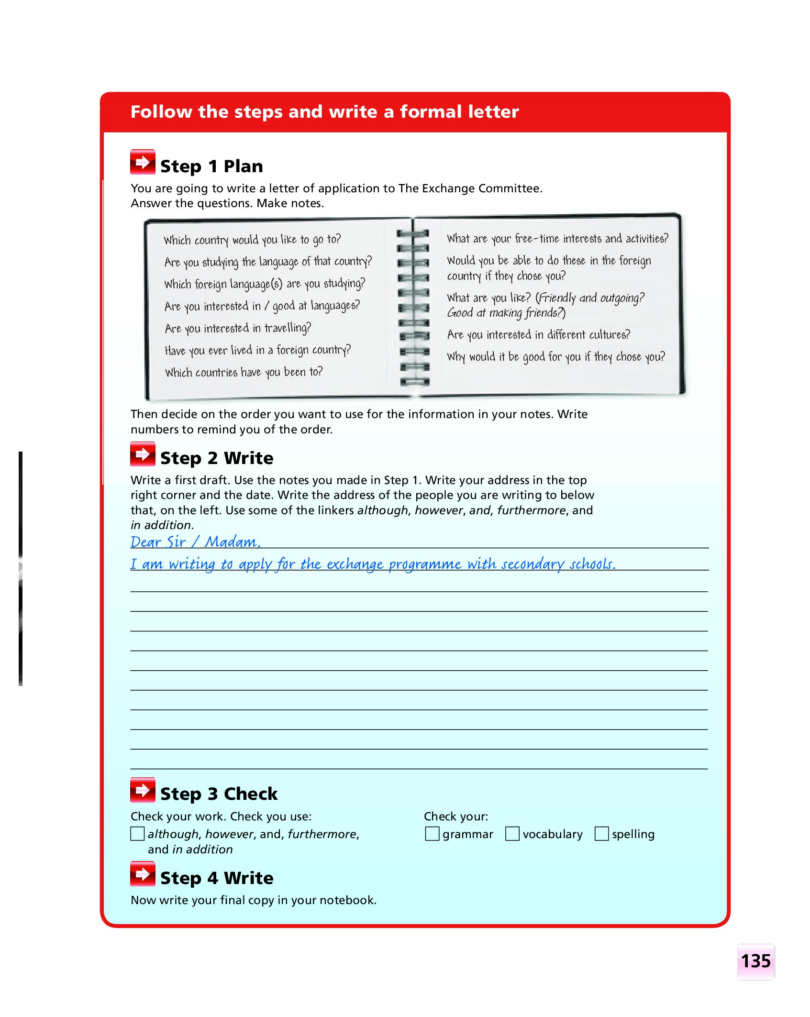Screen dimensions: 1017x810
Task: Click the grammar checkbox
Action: coord(432,834)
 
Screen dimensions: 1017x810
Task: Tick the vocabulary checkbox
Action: coord(512,834)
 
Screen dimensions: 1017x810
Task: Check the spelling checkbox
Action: coord(601,834)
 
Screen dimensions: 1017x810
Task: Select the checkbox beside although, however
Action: coord(137,834)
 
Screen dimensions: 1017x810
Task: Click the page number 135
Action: coord(755,961)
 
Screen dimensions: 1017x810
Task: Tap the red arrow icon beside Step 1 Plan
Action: coord(143,163)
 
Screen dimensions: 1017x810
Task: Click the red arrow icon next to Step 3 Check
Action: coord(143,790)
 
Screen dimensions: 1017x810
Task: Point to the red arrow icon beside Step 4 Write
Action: coord(143,874)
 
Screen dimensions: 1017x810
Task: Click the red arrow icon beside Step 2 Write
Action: coord(143,454)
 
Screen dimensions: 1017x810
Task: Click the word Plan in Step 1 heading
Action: coord(243,166)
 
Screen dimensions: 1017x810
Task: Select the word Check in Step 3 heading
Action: coord(250,794)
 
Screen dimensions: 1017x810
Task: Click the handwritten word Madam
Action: coord(232,542)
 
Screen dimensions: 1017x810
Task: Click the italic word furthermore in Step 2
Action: coord(531,510)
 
